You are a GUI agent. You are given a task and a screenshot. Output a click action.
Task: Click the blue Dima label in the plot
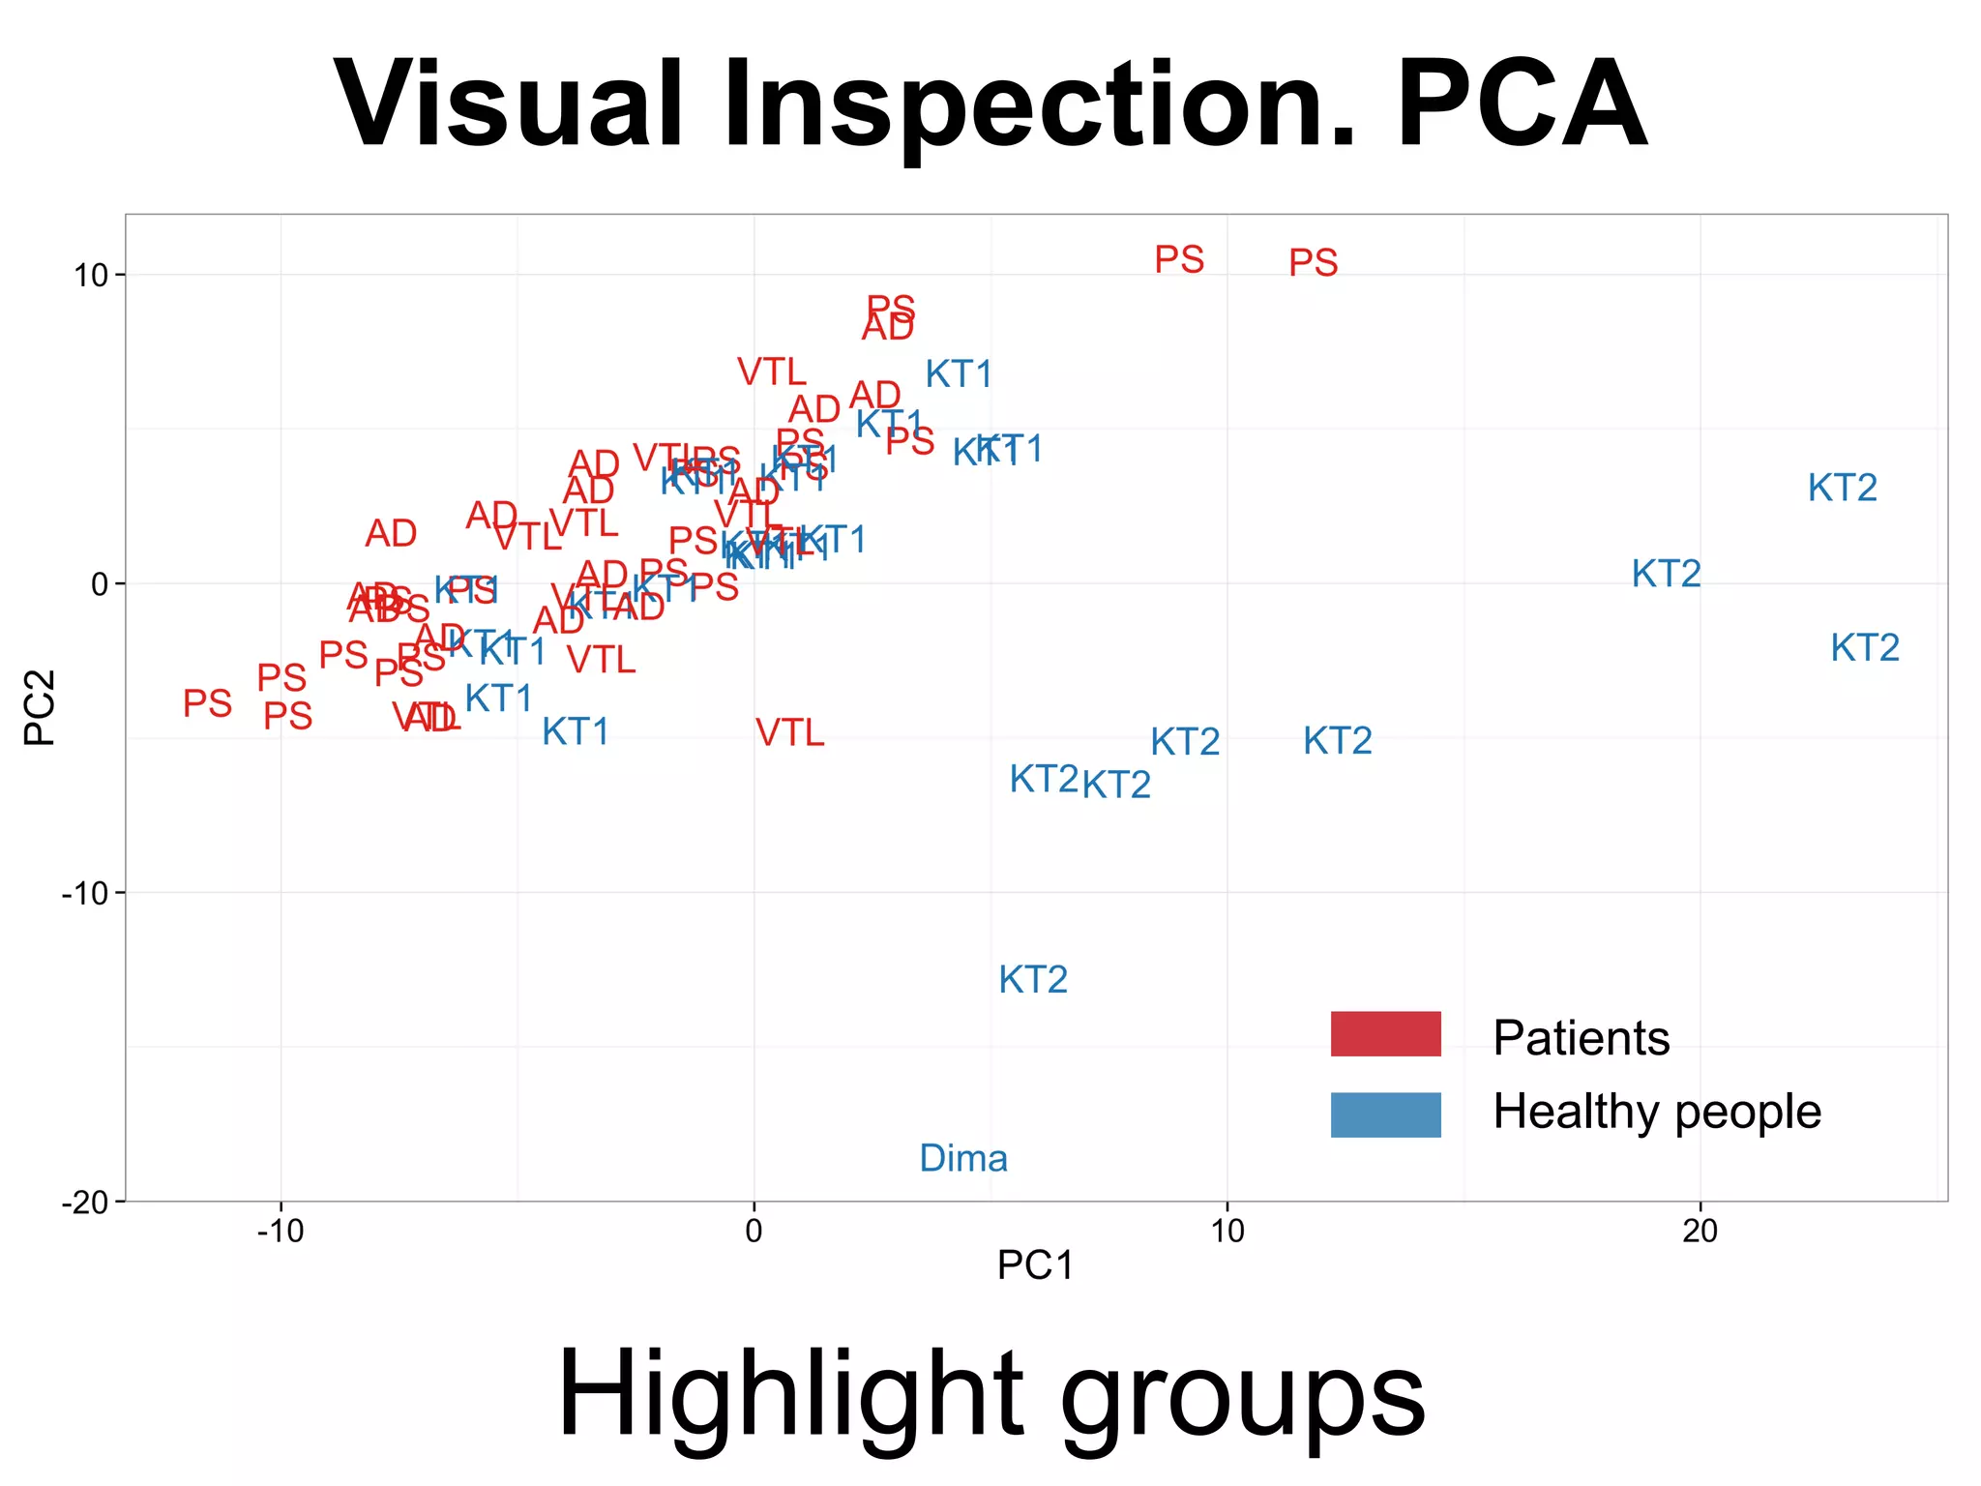tap(962, 1158)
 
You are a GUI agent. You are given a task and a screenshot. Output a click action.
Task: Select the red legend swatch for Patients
tap(1385, 1033)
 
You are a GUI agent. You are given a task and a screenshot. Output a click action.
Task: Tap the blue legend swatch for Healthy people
tap(1385, 1114)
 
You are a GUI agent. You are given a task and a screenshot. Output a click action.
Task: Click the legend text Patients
tap(1581, 1038)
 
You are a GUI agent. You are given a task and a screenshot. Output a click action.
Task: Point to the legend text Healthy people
tap(1656, 1112)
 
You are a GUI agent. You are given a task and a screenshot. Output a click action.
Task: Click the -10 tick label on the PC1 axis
tap(281, 1232)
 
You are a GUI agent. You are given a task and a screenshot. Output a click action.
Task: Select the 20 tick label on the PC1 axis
tap(1700, 1232)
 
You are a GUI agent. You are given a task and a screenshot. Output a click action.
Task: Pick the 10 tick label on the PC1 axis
tap(1227, 1232)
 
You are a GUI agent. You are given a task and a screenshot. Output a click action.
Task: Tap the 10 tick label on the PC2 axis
tap(91, 276)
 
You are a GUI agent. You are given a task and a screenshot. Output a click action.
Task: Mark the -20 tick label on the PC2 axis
tap(85, 1203)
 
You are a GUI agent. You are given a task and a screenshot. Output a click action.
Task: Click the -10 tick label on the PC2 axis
tap(85, 893)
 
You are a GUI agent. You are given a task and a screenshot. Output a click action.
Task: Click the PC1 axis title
tap(1035, 1265)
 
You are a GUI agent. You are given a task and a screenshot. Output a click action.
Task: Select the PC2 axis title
tap(41, 707)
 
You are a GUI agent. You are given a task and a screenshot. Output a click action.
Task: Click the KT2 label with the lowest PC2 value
tap(1033, 980)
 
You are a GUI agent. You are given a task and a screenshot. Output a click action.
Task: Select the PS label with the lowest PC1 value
tap(208, 703)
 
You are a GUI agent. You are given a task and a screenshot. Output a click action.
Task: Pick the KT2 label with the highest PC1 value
tap(1865, 647)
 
